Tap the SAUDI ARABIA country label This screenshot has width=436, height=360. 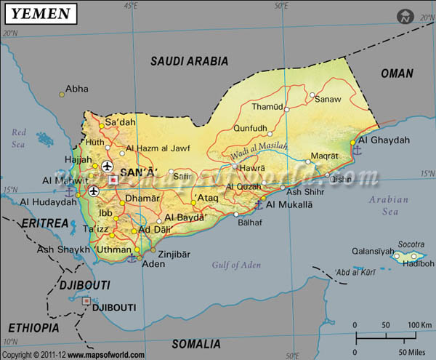coord(189,61)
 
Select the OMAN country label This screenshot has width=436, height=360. coord(397,73)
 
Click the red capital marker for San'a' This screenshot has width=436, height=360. coord(113,179)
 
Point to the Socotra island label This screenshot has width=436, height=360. coord(410,244)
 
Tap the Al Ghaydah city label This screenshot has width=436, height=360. coord(384,140)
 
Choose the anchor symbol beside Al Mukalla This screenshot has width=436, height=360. coord(258,205)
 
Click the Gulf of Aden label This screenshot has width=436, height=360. coord(236,265)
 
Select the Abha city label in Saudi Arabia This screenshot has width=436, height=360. coord(76,89)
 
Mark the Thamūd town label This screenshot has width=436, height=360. coord(265,106)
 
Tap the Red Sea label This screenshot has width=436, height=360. coord(19,137)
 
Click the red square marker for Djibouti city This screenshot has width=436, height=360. coord(86,300)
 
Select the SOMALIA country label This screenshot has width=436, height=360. coord(195,343)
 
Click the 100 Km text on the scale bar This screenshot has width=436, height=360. coord(419,324)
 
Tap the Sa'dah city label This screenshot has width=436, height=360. coord(121,122)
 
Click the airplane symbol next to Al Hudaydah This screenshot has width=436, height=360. coord(94,191)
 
